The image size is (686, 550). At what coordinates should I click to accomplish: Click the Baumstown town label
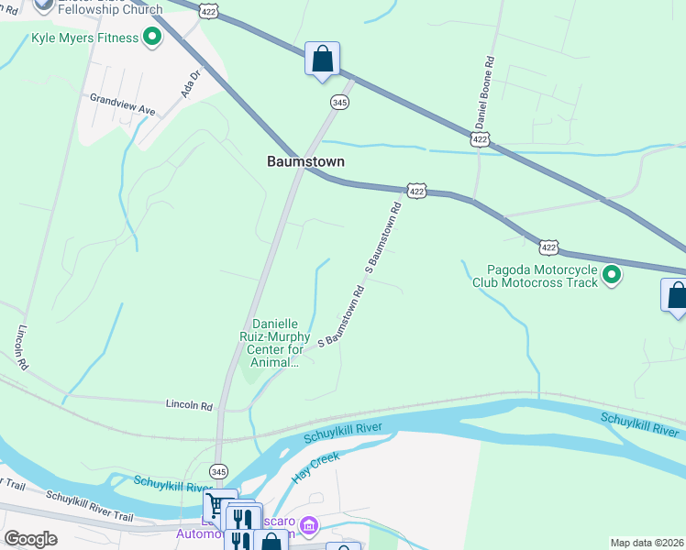[305, 161]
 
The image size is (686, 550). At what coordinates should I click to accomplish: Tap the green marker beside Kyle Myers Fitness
[152, 38]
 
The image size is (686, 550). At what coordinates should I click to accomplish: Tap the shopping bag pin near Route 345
[323, 60]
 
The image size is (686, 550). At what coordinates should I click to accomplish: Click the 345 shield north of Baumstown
[339, 103]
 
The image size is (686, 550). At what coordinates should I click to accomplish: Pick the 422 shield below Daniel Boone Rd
[480, 138]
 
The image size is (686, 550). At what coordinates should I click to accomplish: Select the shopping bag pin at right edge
[676, 296]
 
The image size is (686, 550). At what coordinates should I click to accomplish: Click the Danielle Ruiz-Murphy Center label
[275, 343]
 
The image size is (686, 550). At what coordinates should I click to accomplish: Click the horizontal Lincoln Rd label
[189, 404]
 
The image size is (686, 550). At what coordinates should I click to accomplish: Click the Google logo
[30, 539]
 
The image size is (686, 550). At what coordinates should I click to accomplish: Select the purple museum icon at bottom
[310, 525]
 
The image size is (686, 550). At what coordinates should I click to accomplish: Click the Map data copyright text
[647, 543]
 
